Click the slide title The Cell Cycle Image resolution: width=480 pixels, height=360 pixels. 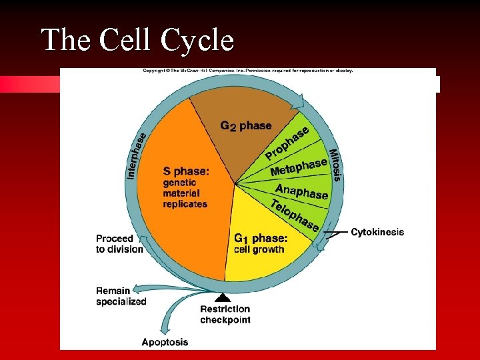tap(137, 40)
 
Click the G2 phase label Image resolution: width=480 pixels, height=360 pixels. tap(246, 125)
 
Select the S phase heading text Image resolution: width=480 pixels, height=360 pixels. tap(186, 171)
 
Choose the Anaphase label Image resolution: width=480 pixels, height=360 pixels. tap(302, 191)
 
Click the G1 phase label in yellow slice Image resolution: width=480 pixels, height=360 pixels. tap(261, 238)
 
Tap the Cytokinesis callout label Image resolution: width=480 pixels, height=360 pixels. tap(377, 232)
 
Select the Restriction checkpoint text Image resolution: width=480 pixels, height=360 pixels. tap(225, 314)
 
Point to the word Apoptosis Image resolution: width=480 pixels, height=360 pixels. tap(165, 342)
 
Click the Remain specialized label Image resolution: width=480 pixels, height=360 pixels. tap(121, 296)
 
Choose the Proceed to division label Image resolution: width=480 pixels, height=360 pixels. tap(119, 243)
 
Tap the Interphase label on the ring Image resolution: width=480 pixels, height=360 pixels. tap(136, 154)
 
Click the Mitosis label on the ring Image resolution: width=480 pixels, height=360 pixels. tap(335, 164)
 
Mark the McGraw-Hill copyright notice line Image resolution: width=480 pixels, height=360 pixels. tap(247, 71)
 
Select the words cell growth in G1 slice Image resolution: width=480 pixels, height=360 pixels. tap(259, 250)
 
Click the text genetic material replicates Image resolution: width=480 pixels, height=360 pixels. tap(185, 193)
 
